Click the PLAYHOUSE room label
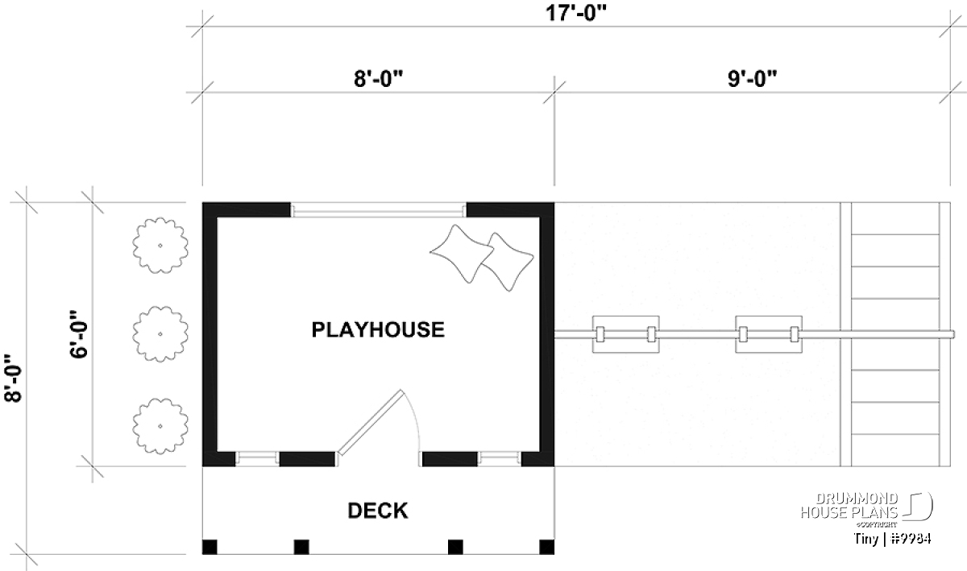coord(378,329)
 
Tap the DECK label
coord(378,511)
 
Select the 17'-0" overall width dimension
coord(576,13)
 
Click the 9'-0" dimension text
coord(752,79)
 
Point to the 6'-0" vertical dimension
coord(79,333)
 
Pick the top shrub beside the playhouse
coord(160,245)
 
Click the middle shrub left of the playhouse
coord(160,334)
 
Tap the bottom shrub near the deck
coord(160,426)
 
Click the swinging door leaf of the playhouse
coord(371,423)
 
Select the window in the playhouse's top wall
coord(378,211)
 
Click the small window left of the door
coord(257,458)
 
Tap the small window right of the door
coord(500,458)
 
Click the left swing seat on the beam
coord(625,334)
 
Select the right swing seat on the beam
coord(769,334)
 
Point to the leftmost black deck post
coord(210,547)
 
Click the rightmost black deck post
coord(547,547)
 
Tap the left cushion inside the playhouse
coord(462,254)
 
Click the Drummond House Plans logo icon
coord(917,506)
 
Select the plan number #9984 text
coord(911,539)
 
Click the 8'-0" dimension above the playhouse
coord(378,79)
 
